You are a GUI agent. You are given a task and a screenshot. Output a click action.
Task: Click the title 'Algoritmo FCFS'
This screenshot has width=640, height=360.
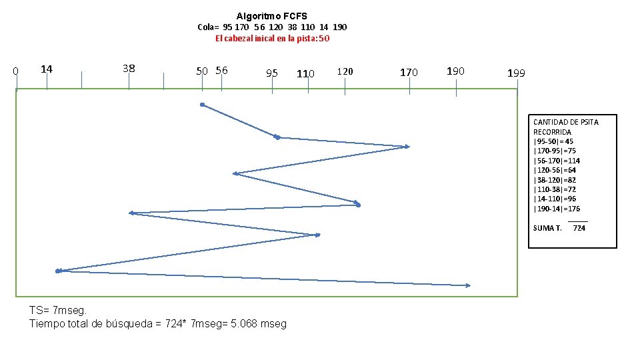tap(272, 16)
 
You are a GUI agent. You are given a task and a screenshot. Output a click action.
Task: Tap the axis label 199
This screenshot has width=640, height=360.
tap(516, 73)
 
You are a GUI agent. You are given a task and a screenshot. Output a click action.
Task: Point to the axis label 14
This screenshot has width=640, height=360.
tap(47, 69)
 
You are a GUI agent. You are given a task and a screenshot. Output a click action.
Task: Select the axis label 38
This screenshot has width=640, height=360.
tap(129, 69)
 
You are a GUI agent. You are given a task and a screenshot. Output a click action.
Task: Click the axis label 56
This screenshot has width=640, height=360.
tap(221, 71)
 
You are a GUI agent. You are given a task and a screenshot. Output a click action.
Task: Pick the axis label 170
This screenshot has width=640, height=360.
tap(409, 73)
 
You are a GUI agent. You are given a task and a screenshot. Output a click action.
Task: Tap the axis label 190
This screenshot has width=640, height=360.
tap(455, 71)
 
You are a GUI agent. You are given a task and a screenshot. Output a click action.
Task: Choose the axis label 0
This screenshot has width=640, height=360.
tap(15, 71)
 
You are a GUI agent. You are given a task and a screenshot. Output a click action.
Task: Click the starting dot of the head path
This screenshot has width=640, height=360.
tap(203, 105)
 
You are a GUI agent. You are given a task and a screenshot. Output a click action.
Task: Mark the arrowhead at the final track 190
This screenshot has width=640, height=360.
tap(468, 286)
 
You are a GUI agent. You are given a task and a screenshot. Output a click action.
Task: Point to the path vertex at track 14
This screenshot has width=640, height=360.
tap(59, 271)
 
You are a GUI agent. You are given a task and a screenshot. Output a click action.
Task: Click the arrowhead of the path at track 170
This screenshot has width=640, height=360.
tap(407, 147)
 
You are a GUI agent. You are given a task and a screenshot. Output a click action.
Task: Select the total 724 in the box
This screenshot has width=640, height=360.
tap(579, 228)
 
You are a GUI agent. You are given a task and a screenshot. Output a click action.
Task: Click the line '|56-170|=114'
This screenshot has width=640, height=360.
tap(557, 161)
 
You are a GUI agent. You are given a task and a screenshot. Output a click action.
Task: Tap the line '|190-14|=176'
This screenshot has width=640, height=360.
tap(557, 209)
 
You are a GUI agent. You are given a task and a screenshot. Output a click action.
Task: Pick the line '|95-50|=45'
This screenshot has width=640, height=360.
tap(553, 141)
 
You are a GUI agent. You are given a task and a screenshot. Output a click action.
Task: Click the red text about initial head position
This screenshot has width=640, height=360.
tap(272, 39)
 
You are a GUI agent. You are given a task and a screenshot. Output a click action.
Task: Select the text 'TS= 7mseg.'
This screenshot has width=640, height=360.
tap(58, 311)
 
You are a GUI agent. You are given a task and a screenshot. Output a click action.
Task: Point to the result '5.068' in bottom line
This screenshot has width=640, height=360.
tap(244, 324)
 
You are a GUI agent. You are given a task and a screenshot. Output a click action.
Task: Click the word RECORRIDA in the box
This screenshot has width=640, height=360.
tap(552, 132)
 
